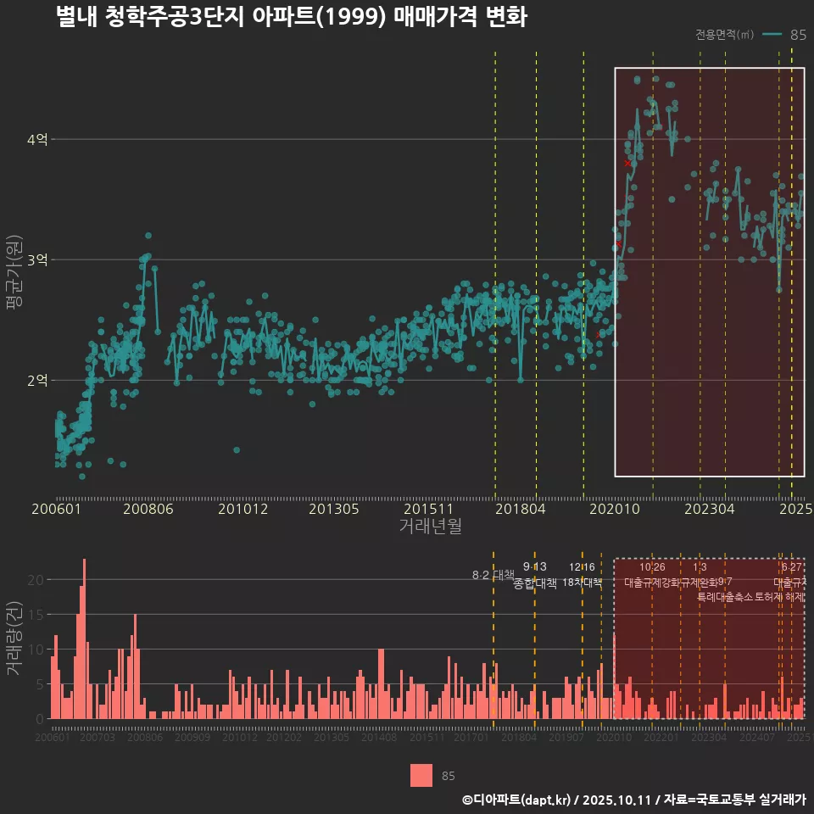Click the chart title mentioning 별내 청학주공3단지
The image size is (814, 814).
[x=291, y=17]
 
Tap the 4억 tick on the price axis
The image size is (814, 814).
[x=37, y=139]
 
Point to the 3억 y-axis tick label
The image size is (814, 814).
[x=37, y=259]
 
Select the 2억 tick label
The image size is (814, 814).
[x=37, y=380]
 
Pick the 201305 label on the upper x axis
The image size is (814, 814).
[x=333, y=510]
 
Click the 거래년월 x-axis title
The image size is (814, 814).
[x=430, y=527]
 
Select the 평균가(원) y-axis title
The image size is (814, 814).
[x=14, y=275]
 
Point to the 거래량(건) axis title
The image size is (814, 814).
[x=14, y=638]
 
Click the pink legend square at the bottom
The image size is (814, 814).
[x=421, y=775]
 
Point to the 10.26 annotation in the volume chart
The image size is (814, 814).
[x=652, y=567]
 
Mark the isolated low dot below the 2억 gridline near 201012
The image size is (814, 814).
[x=237, y=449]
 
